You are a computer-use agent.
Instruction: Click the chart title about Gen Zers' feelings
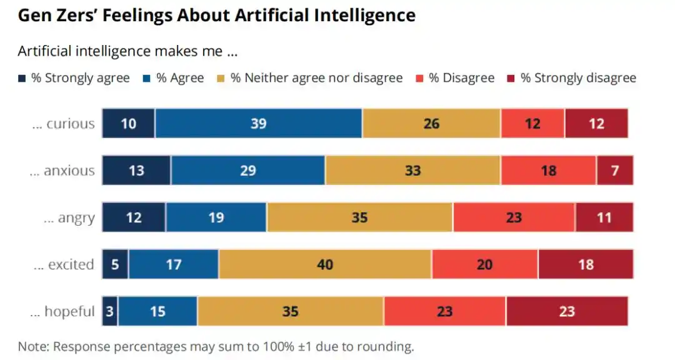(x=216, y=16)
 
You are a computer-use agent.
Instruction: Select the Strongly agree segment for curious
(x=129, y=123)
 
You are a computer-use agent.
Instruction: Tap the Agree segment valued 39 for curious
(x=259, y=123)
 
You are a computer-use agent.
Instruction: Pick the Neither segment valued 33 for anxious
(x=412, y=170)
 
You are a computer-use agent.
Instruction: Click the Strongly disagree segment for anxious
(x=615, y=170)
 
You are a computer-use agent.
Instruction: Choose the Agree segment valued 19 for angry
(x=216, y=217)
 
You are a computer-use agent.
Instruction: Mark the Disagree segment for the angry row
(x=514, y=217)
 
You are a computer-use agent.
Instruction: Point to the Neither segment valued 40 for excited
(x=325, y=264)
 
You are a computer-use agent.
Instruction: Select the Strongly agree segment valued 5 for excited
(x=116, y=264)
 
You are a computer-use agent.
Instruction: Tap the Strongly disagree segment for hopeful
(x=567, y=311)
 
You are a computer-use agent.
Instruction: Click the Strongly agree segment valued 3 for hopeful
(x=110, y=311)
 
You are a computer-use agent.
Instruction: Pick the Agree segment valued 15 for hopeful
(x=157, y=311)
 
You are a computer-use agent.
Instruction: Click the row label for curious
(x=64, y=124)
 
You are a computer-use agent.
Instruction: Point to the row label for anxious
(x=62, y=171)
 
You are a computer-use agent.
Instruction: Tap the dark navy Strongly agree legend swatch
(x=22, y=79)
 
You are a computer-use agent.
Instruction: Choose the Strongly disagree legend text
(x=578, y=78)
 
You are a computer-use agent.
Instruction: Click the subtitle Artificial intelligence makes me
(x=127, y=51)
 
